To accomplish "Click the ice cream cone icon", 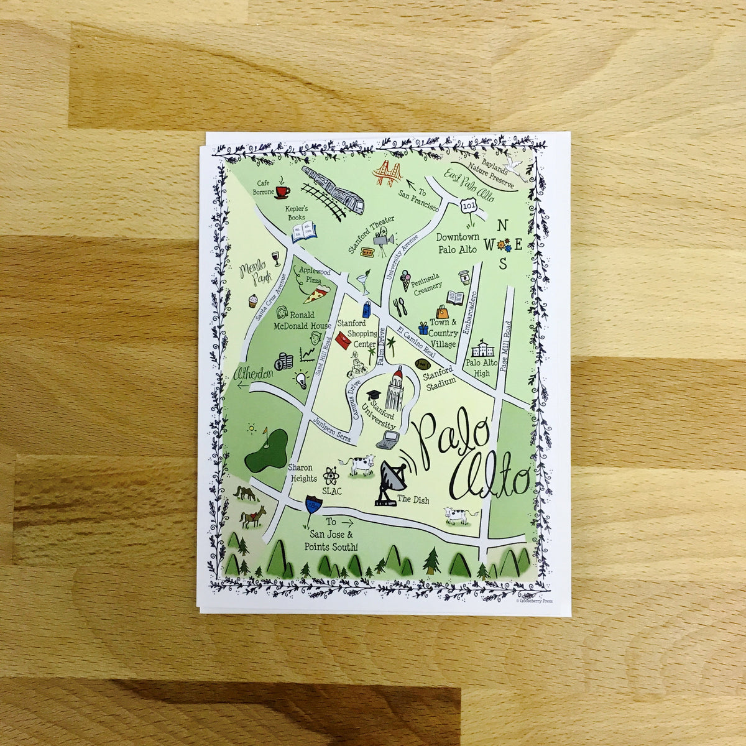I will (x=405, y=280).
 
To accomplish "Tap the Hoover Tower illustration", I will (x=398, y=390).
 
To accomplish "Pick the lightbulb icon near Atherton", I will (x=302, y=379).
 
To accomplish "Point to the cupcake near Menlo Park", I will (x=252, y=302).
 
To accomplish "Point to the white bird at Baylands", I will (x=513, y=163).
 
